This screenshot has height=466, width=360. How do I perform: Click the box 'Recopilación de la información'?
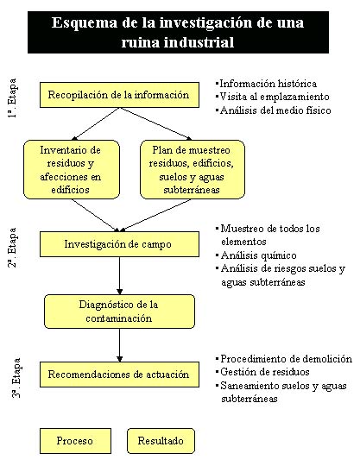(119, 95)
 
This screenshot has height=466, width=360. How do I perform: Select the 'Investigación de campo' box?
(119, 244)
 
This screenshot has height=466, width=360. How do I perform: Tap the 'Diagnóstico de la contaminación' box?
(119, 312)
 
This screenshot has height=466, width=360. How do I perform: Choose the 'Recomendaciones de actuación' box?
(119, 375)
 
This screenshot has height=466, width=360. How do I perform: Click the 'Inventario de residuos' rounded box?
(72, 169)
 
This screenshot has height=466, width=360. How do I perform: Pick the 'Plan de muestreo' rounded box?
(193, 169)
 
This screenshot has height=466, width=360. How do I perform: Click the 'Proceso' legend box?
(75, 441)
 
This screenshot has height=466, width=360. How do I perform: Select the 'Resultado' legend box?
(161, 441)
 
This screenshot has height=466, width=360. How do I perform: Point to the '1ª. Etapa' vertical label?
(12, 98)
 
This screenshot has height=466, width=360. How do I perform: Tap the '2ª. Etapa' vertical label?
(12, 248)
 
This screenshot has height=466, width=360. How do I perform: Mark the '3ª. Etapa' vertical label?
(16, 378)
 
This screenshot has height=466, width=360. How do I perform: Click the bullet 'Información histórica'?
(267, 84)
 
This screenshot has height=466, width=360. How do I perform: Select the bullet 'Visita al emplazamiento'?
(273, 97)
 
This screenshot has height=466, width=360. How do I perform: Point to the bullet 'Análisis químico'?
(256, 255)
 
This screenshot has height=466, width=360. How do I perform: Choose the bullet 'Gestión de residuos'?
(262, 372)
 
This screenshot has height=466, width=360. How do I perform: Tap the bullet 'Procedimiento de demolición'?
(284, 359)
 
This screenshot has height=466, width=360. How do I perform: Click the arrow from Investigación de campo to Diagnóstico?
(119, 276)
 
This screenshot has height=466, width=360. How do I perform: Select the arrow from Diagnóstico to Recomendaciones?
(119, 345)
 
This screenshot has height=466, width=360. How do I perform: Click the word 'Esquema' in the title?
(85, 23)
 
